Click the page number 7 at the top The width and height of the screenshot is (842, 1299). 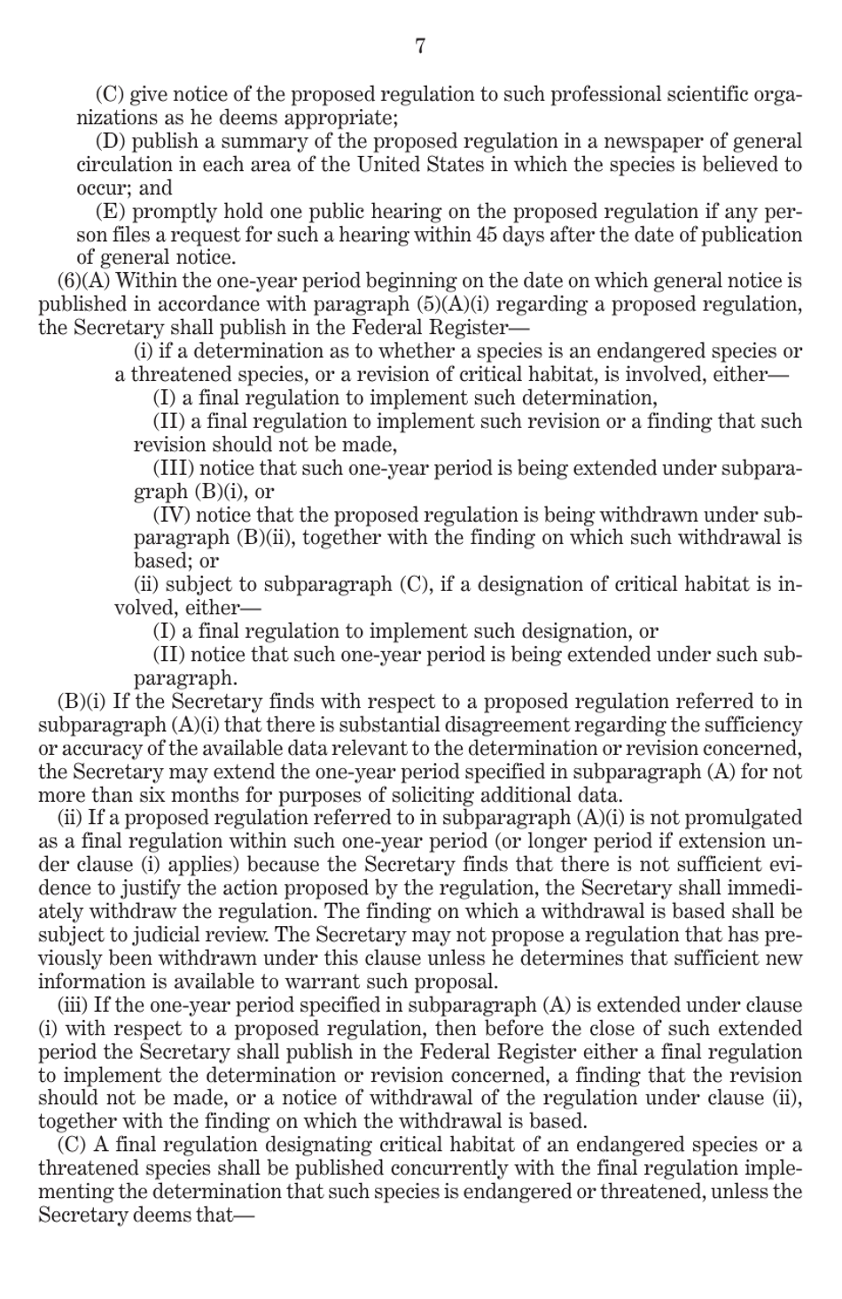(420, 46)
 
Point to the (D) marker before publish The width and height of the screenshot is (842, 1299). (111, 142)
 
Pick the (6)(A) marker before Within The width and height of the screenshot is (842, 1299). (83, 282)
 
